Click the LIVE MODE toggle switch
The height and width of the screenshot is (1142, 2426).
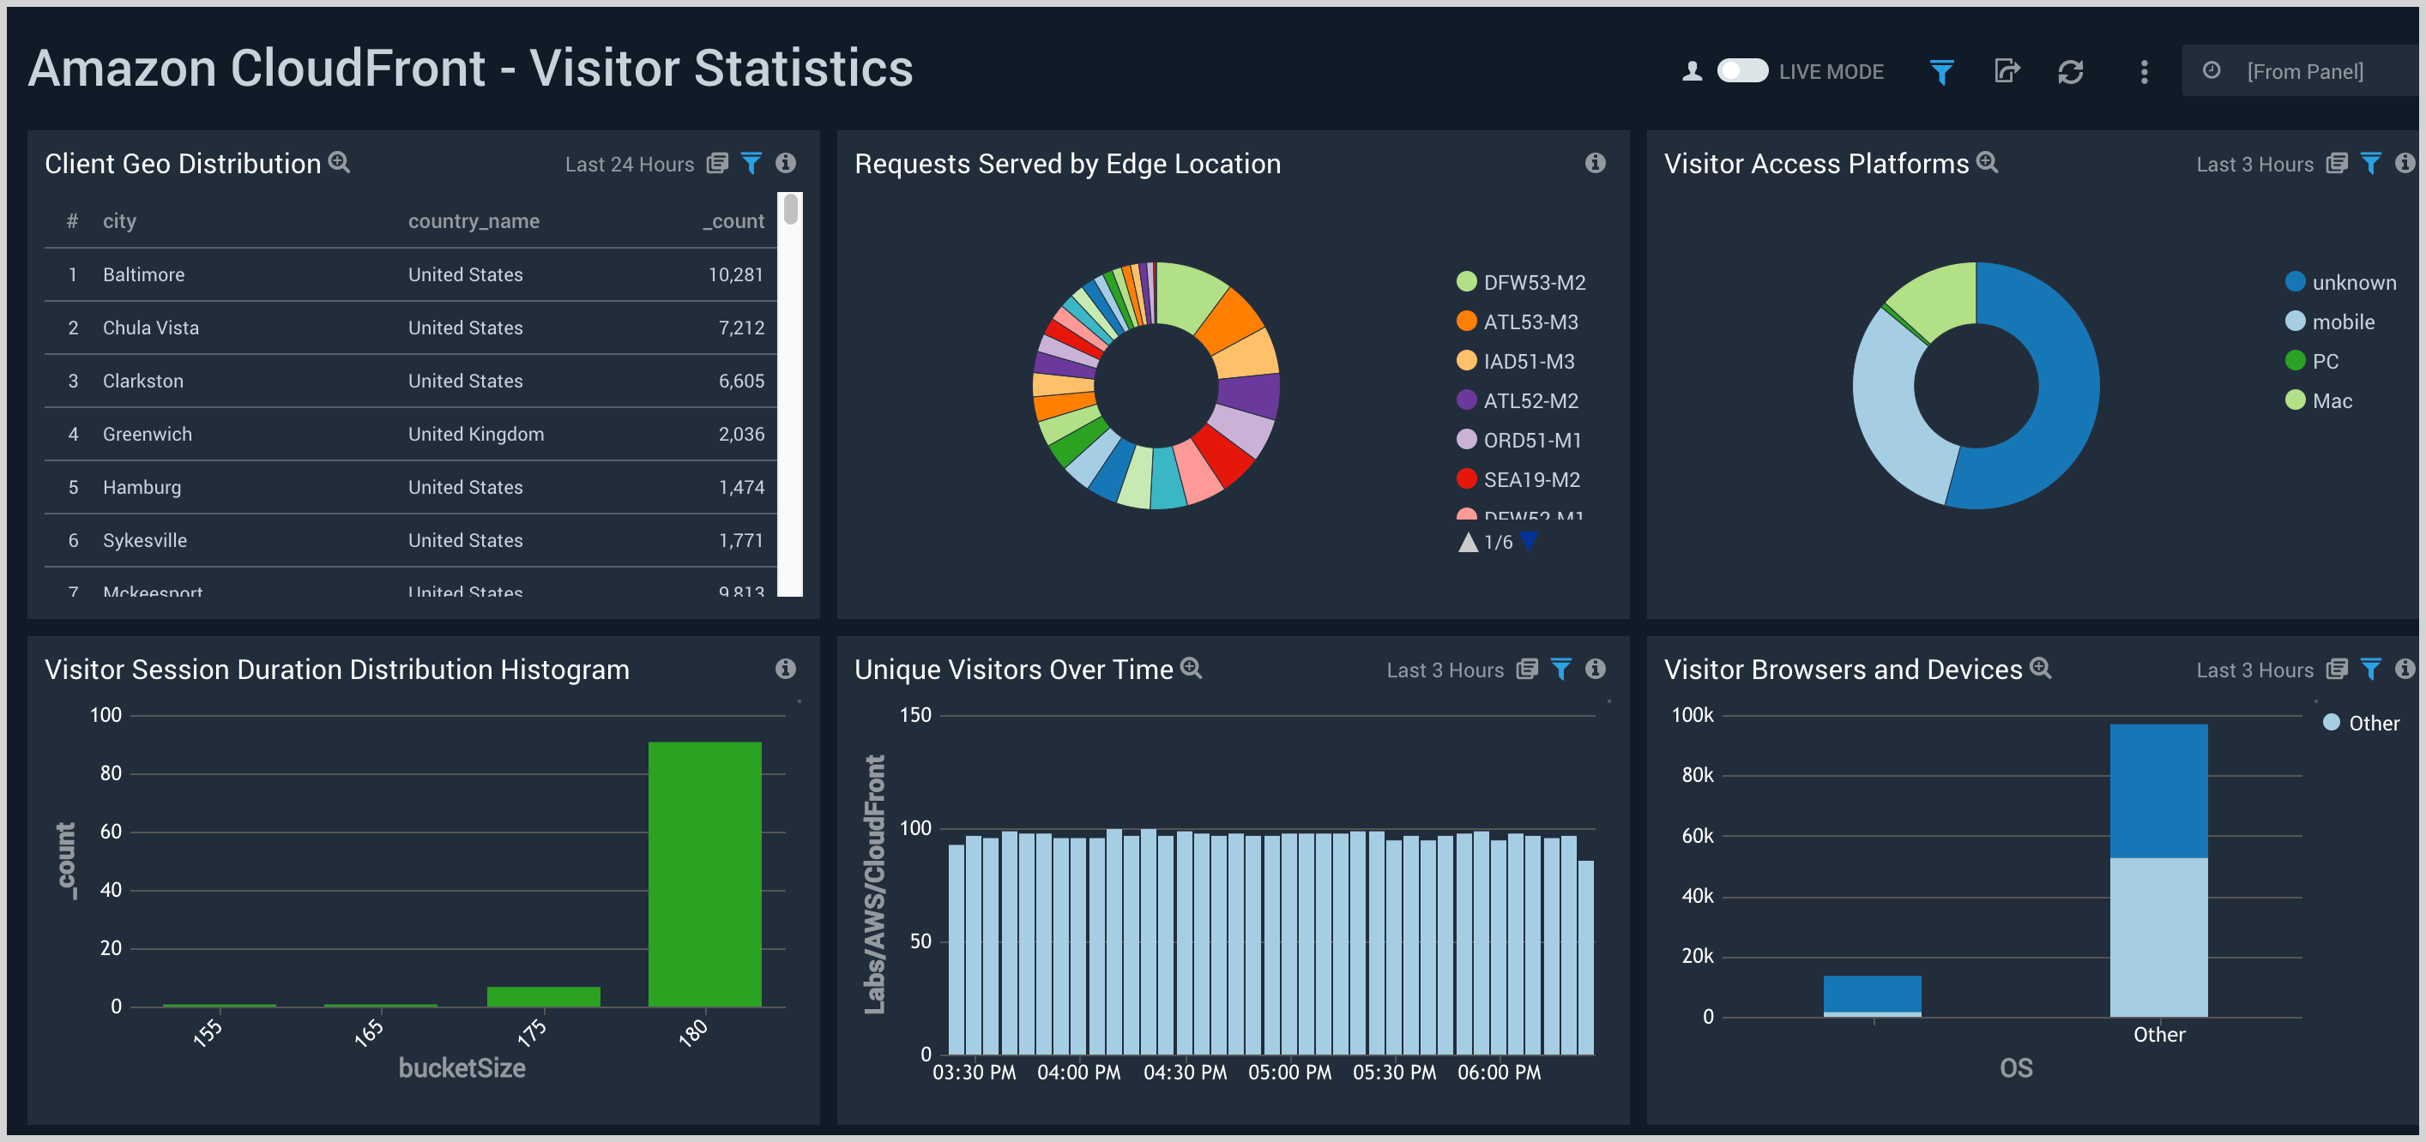[x=1741, y=71]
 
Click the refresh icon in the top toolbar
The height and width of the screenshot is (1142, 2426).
[x=2070, y=71]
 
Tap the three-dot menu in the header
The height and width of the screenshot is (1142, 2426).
[x=2145, y=71]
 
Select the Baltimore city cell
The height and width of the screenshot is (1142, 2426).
[x=143, y=275]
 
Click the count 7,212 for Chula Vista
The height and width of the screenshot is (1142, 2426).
[x=741, y=328]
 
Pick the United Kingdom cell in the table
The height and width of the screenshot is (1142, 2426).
[x=475, y=434]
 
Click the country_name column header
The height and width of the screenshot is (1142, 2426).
[x=474, y=221]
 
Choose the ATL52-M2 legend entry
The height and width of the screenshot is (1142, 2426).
[x=1530, y=401]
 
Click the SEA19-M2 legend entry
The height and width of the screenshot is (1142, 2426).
[x=1530, y=480]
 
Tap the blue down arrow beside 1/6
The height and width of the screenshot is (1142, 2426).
[x=1529, y=540]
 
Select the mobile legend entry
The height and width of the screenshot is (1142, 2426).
[x=2342, y=322]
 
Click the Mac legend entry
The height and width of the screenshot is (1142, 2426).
[x=2331, y=401]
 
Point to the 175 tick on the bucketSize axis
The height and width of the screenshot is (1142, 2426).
[x=532, y=1032]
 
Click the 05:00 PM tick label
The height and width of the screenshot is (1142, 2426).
[x=1289, y=1073]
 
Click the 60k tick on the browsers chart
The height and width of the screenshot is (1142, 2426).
[x=1697, y=835]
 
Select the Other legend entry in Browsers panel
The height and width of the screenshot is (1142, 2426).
[x=2372, y=723]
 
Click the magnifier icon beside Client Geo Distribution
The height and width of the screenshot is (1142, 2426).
[x=339, y=163]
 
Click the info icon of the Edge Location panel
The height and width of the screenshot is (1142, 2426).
[x=1595, y=163]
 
